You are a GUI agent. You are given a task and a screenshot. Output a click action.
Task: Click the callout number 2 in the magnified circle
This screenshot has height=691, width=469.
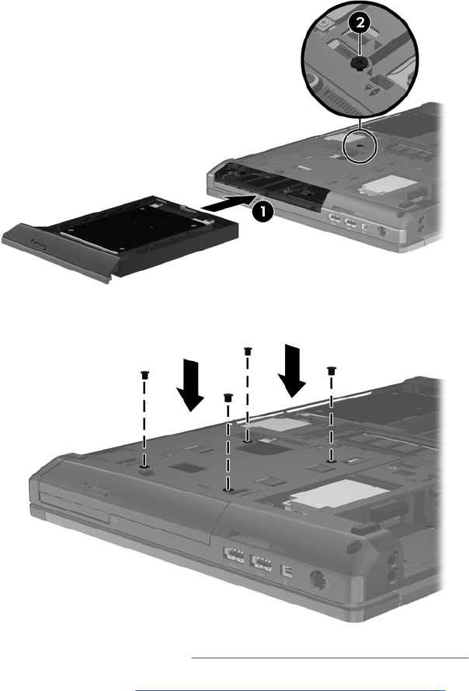pyautogui.click(x=360, y=23)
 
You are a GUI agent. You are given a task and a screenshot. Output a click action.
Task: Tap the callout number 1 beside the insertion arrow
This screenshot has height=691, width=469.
pyautogui.click(x=262, y=211)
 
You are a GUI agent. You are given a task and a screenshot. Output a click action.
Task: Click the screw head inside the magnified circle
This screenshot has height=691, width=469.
pyautogui.click(x=360, y=64)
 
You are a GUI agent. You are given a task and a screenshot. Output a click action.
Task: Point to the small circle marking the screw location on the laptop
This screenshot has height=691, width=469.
pyautogui.click(x=360, y=146)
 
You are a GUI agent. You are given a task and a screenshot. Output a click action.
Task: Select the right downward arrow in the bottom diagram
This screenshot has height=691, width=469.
pyautogui.click(x=292, y=370)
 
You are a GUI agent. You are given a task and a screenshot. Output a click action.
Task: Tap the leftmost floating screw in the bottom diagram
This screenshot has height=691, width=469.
pyautogui.click(x=144, y=375)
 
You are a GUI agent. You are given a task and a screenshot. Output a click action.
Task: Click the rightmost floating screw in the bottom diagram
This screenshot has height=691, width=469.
pyautogui.click(x=331, y=370)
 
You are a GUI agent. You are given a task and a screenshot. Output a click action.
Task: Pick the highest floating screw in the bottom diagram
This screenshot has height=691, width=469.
pyautogui.click(x=248, y=351)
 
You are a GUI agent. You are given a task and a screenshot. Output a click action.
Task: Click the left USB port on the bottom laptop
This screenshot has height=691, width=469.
pyautogui.click(x=234, y=554)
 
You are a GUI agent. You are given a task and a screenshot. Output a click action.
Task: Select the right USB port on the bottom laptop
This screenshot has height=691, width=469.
pyautogui.click(x=262, y=563)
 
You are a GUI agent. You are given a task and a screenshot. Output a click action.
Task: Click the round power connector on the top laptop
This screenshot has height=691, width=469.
pyautogui.click(x=382, y=230)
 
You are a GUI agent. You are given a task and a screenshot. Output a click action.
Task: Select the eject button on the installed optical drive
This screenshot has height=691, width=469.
pyautogui.click(x=96, y=490)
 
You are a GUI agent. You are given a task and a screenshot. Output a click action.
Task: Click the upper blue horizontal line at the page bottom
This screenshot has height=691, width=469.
pyautogui.click(x=330, y=658)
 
